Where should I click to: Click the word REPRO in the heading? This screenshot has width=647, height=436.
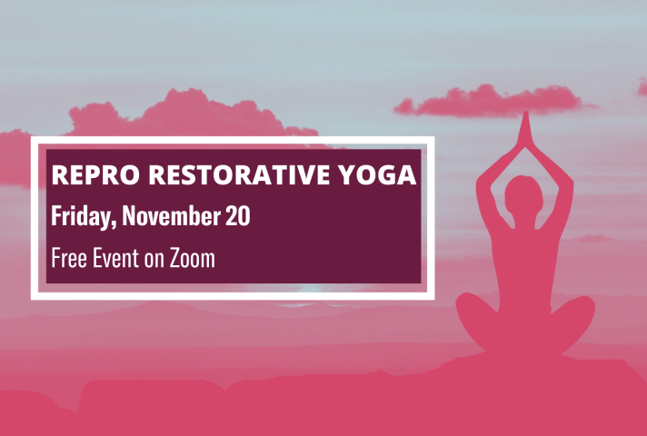(95, 174)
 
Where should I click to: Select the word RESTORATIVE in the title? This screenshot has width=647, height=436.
(239, 174)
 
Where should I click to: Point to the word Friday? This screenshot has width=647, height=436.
(81, 215)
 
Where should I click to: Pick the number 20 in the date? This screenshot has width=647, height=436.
(238, 215)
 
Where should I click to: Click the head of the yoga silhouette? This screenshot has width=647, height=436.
(524, 196)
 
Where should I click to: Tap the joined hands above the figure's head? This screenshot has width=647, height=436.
(525, 129)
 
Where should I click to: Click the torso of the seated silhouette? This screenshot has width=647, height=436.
(525, 264)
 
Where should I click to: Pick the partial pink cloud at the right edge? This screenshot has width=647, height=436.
(642, 86)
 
